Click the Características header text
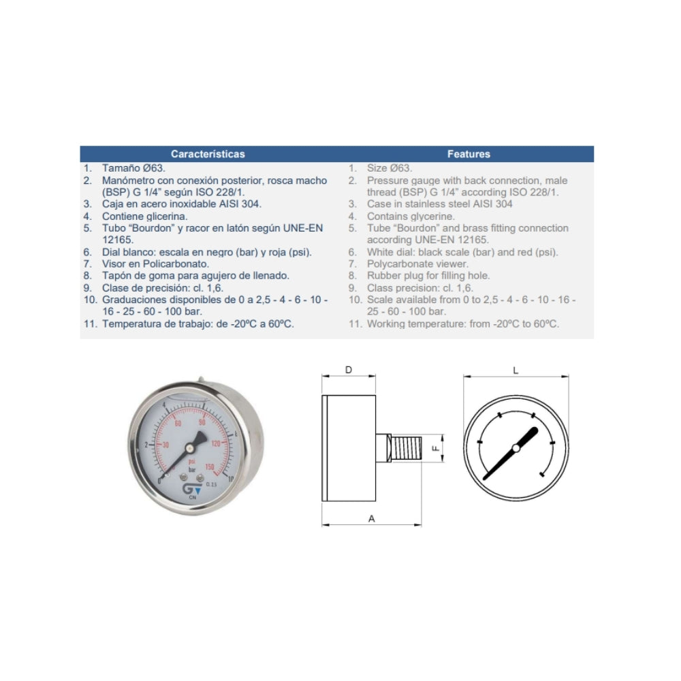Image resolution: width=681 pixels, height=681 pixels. click(208, 154)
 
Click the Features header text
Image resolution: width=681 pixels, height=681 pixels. click(469, 154)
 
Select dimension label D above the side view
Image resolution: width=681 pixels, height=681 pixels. click(348, 370)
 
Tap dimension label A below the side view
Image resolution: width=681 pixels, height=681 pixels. click(371, 518)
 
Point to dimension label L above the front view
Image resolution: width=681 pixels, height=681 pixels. click(516, 370)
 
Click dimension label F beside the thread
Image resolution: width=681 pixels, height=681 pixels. click(436, 448)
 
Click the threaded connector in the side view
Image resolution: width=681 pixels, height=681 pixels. click(406, 448)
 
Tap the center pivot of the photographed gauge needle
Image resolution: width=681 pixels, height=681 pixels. click(190, 448)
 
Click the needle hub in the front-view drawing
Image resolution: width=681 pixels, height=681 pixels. click(516, 448)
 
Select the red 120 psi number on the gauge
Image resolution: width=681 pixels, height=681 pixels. click(216, 443)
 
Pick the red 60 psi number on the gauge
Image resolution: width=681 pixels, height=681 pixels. click(178, 424)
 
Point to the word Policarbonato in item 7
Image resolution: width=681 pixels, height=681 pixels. click(176, 264)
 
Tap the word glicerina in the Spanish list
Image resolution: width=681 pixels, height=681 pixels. click(167, 217)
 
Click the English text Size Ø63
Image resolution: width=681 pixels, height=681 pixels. click(390, 168)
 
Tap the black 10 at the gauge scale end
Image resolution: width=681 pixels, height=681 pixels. click(231, 479)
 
